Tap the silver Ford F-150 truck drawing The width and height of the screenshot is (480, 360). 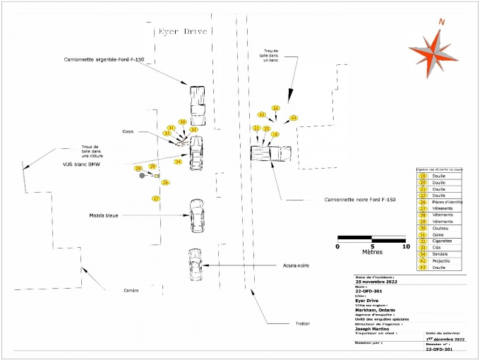tap(196, 103)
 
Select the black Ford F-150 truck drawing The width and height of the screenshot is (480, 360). tap(270, 153)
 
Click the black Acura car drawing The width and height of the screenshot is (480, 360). tap(195, 265)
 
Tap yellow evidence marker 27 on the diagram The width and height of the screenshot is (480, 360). tap(156, 199)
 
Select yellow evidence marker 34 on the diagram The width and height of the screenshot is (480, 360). tap(178, 162)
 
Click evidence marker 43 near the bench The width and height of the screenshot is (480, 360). tap(294, 118)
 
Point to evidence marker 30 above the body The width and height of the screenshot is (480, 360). tap(182, 122)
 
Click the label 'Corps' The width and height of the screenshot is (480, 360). tap(128, 131)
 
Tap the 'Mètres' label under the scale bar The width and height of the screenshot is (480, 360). tap(372, 251)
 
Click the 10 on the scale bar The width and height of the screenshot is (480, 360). tap(405, 246)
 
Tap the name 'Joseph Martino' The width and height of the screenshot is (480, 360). tap(374, 328)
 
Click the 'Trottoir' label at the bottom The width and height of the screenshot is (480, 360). tap(303, 323)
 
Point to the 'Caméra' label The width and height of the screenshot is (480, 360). tap(131, 291)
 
